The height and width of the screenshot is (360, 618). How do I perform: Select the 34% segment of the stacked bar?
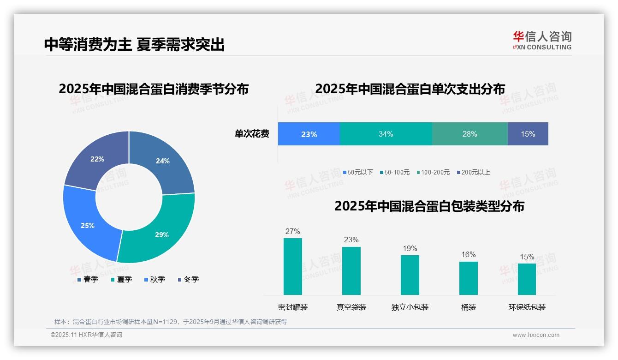386,134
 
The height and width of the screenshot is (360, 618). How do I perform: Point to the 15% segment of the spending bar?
528,134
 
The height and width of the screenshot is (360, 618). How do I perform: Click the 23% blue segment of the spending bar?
309,134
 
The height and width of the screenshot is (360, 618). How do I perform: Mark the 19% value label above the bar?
410,249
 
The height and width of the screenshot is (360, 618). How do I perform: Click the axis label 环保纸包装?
527,307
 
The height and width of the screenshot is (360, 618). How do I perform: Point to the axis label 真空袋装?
351,307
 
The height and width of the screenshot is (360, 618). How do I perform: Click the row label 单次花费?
252,134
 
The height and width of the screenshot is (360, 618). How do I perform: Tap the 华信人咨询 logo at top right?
542,40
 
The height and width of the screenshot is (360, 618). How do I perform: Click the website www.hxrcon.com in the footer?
536,335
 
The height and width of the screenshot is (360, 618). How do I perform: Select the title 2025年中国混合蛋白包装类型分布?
429,206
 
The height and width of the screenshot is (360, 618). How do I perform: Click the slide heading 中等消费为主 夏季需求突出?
134,45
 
